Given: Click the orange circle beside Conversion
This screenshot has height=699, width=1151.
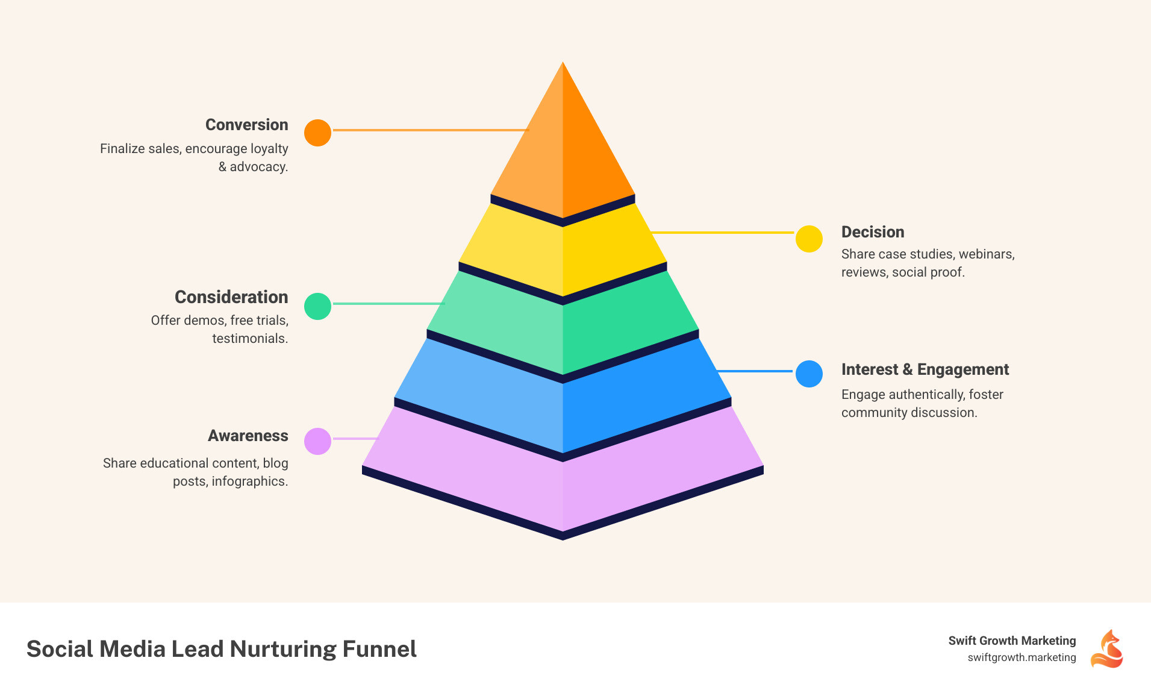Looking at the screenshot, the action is tap(317, 133).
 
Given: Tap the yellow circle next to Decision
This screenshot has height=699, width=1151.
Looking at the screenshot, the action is tap(809, 239).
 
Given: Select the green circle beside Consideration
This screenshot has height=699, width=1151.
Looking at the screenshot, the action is tap(317, 306).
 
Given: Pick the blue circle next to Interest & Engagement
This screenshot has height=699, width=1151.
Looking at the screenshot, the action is tap(809, 374).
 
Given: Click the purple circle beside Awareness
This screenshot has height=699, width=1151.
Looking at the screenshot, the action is tap(317, 441).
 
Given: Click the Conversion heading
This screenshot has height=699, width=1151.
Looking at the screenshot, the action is tap(246, 125).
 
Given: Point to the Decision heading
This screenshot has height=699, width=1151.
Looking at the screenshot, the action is tap(872, 232).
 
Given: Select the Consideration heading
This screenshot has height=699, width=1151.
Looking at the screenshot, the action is tap(231, 297).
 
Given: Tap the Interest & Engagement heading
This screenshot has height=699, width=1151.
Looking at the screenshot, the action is tap(925, 369).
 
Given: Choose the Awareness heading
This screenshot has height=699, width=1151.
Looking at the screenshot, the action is tap(248, 436).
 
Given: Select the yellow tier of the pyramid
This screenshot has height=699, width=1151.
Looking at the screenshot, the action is tap(563, 253).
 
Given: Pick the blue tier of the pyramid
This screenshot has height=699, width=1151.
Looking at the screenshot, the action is tap(563, 404).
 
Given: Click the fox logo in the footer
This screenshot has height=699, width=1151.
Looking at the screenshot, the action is tap(1107, 649).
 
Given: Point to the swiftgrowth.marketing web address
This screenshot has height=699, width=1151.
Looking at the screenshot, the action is tap(1022, 657).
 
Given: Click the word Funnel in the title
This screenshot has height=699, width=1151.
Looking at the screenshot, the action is tap(379, 649).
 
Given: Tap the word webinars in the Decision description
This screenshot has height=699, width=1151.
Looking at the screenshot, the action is tap(985, 254).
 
